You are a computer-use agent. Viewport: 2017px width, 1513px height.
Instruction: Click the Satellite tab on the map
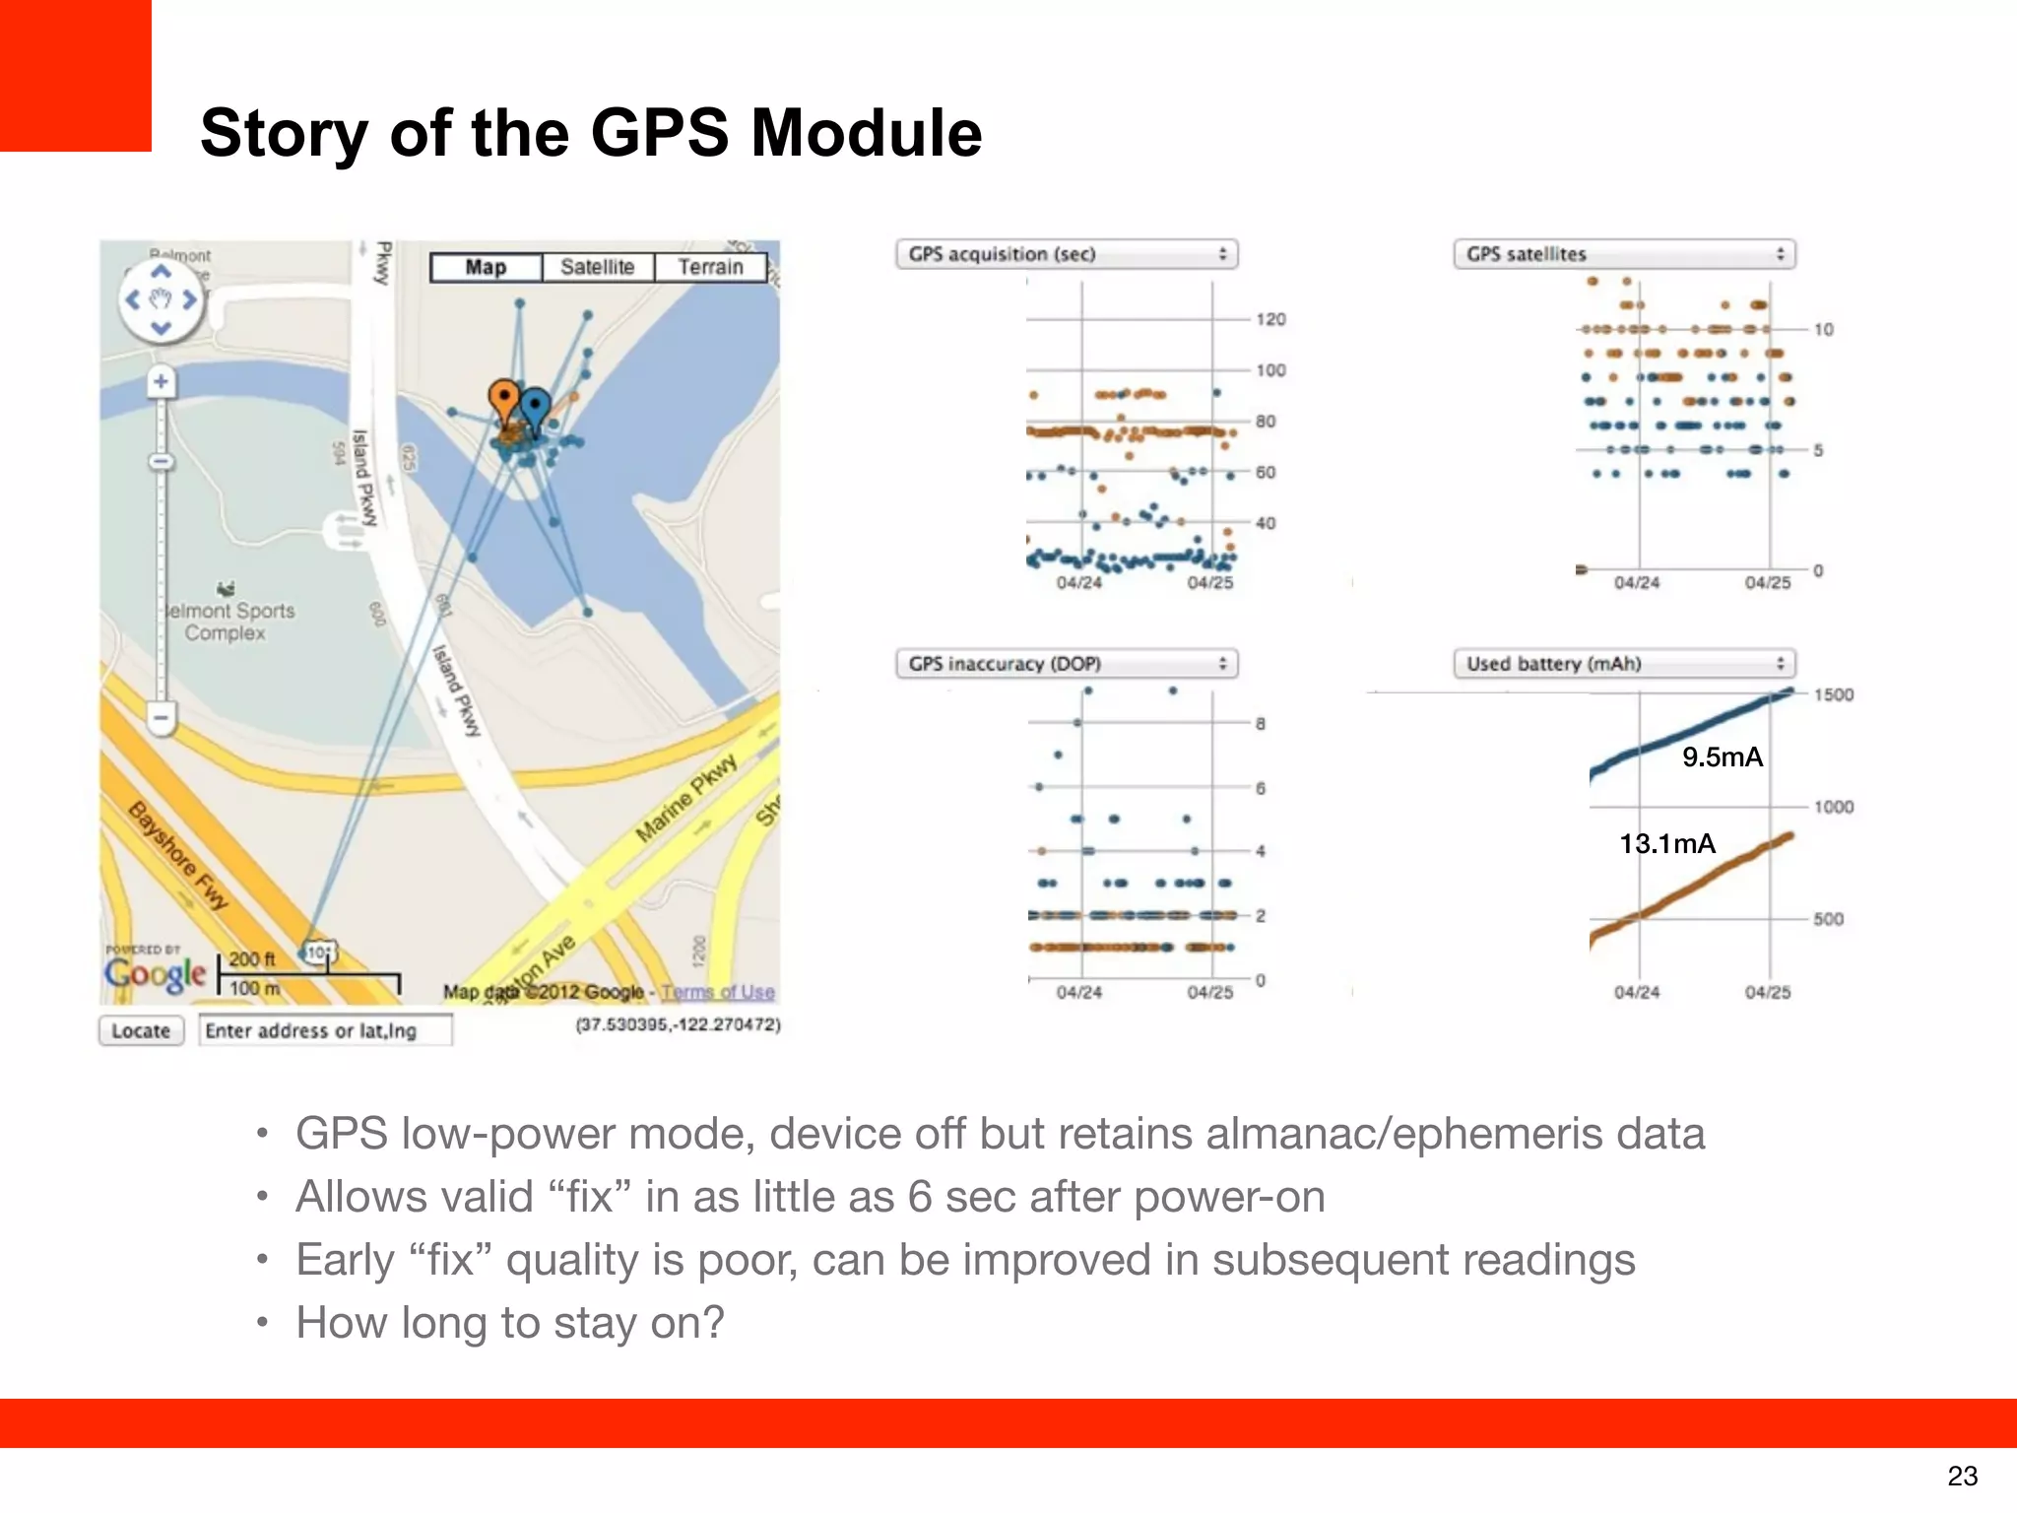597,267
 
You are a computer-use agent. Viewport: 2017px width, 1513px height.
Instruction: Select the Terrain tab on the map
710,267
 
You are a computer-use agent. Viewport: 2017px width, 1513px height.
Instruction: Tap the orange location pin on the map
504,400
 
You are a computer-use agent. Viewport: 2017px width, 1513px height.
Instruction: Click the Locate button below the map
141,1030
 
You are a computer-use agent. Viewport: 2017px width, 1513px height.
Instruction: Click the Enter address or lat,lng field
325,1030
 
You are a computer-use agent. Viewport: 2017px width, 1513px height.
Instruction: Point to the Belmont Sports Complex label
228,622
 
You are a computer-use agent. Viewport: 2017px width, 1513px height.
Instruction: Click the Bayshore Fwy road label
178,854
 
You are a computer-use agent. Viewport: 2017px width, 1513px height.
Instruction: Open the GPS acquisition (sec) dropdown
1067,254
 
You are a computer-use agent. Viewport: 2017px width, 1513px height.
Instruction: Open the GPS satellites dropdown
1624,254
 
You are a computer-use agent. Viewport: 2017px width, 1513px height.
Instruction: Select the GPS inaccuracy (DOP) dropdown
1067,664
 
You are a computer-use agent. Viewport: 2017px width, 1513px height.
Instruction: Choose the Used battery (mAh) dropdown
1624,664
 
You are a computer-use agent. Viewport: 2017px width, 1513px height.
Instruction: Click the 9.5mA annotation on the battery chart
1722,756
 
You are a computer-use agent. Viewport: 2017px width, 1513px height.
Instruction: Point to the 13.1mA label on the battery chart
1667,843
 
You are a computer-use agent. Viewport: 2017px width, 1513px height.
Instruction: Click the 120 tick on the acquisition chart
1270,319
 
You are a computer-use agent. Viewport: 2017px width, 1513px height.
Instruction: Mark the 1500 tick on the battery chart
1833,694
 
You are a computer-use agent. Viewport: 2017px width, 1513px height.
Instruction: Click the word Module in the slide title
867,132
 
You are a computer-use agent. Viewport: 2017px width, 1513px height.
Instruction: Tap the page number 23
1962,1476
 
